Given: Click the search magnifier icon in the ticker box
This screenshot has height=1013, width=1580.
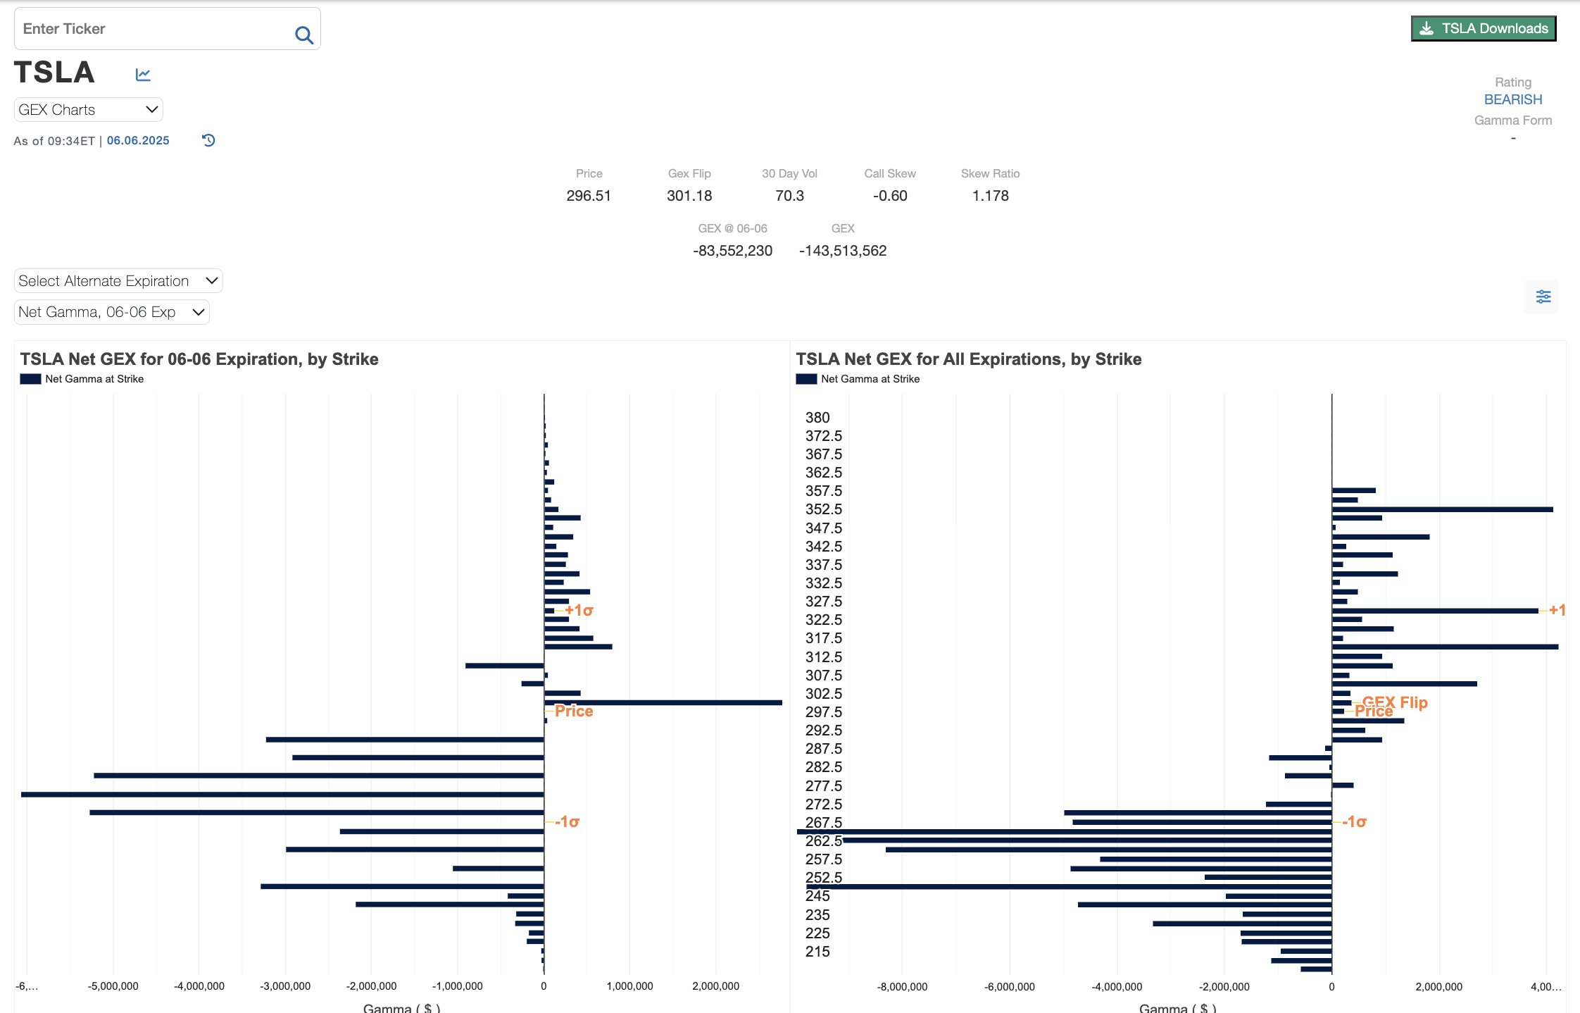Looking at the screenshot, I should click(304, 35).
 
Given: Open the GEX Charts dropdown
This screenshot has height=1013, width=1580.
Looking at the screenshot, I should click(88, 110).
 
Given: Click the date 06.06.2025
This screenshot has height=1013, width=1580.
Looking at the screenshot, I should click(138, 141).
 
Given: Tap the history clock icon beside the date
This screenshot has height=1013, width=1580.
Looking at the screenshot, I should click(208, 140).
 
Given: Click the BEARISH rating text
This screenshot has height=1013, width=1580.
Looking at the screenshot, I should click(1512, 99).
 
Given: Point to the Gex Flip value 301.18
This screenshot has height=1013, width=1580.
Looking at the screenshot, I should click(689, 196).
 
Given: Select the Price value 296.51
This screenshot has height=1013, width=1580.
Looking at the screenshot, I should click(589, 196).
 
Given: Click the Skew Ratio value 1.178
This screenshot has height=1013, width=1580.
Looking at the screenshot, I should click(990, 196).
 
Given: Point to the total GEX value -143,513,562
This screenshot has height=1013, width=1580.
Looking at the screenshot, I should click(842, 251).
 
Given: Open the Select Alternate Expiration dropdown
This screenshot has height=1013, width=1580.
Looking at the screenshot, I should click(118, 281).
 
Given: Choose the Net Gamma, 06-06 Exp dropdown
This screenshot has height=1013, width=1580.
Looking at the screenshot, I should click(112, 312).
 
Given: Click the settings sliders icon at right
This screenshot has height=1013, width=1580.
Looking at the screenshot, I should click(1543, 297).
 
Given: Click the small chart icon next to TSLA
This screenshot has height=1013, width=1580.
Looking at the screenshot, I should click(143, 75).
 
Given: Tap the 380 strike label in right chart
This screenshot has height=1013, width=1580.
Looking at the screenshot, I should click(817, 418).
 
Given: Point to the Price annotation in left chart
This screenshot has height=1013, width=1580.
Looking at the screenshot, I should click(574, 711).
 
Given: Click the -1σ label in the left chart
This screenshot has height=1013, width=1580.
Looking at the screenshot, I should click(568, 822).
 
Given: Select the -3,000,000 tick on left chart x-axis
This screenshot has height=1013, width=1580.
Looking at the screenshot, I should click(285, 986).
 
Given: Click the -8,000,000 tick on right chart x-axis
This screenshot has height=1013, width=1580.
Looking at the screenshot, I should click(902, 987).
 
